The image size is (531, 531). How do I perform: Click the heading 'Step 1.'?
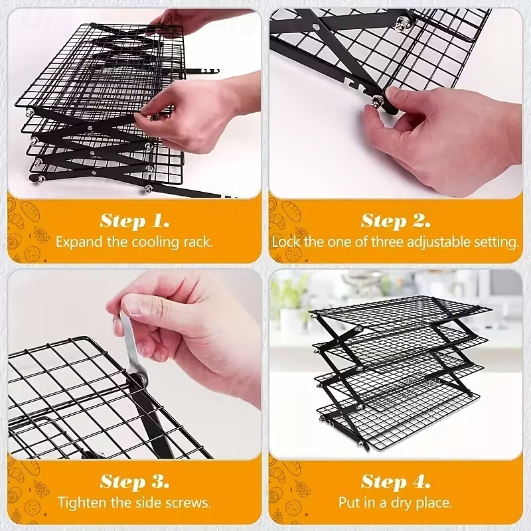pos(135,221)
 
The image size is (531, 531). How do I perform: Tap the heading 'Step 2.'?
pos(396,221)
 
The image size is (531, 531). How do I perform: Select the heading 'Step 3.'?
pos(135,481)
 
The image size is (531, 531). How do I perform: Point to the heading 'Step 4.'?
pos(396,481)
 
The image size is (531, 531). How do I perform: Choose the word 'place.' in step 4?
pos(434,503)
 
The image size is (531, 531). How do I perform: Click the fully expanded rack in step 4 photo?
pos(400,372)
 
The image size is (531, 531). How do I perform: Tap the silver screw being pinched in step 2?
pos(377,100)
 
